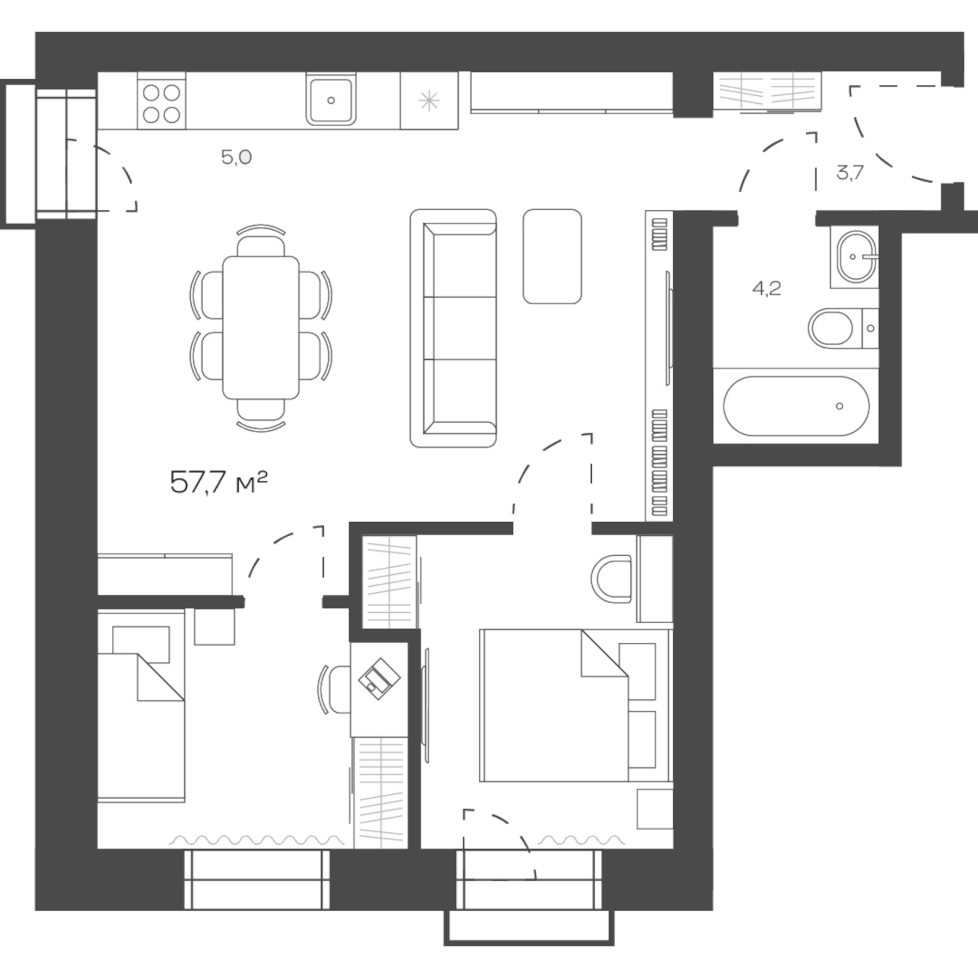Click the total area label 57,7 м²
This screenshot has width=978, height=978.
(218, 482)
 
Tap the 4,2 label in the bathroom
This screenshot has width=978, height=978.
(767, 289)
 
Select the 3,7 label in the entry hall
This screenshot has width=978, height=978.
(850, 173)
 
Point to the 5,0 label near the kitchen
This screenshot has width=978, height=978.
(236, 158)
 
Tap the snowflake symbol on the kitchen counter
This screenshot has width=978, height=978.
(429, 101)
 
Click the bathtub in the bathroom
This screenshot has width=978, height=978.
(796, 406)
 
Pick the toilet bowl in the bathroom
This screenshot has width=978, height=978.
(831, 328)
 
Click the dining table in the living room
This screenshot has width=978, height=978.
(261, 328)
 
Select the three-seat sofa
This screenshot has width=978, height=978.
(454, 328)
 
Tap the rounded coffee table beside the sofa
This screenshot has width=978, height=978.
(552, 256)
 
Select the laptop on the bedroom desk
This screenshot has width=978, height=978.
(379, 679)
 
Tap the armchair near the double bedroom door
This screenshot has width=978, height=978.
(611, 579)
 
